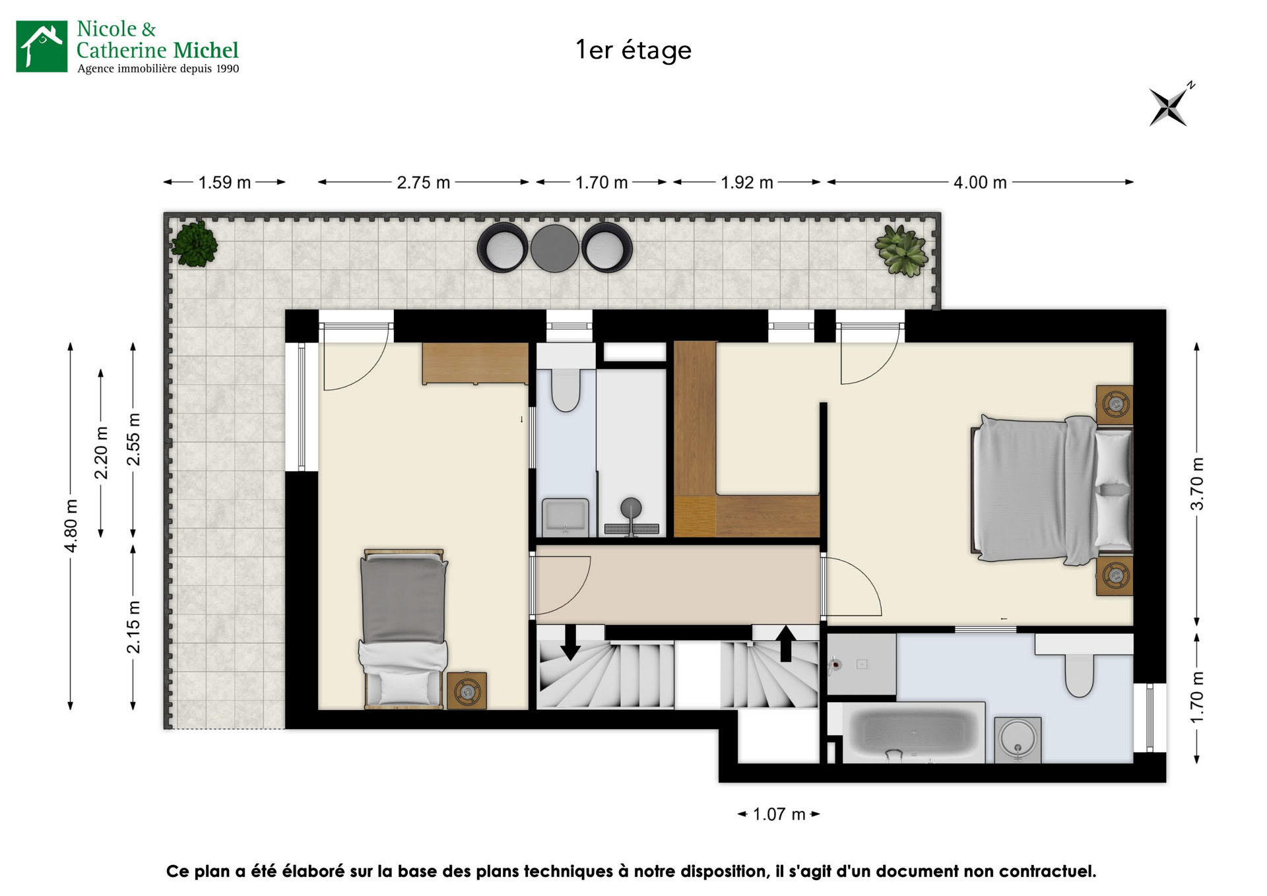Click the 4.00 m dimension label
coord(980,183)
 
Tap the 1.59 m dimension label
coord(224,183)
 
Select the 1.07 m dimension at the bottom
coord(779,814)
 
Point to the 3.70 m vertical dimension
coord(1196,484)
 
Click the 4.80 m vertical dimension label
coord(71,526)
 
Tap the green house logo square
coord(42,46)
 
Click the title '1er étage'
coord(633,50)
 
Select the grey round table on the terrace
coord(554,249)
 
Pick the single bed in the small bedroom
coord(403,628)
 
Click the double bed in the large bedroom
coord(1049,490)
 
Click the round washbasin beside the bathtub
coord(1017,738)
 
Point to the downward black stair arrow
coord(570,643)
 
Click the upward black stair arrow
coord(785,643)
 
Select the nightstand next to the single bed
coord(467,690)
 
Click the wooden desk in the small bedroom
coord(475,362)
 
